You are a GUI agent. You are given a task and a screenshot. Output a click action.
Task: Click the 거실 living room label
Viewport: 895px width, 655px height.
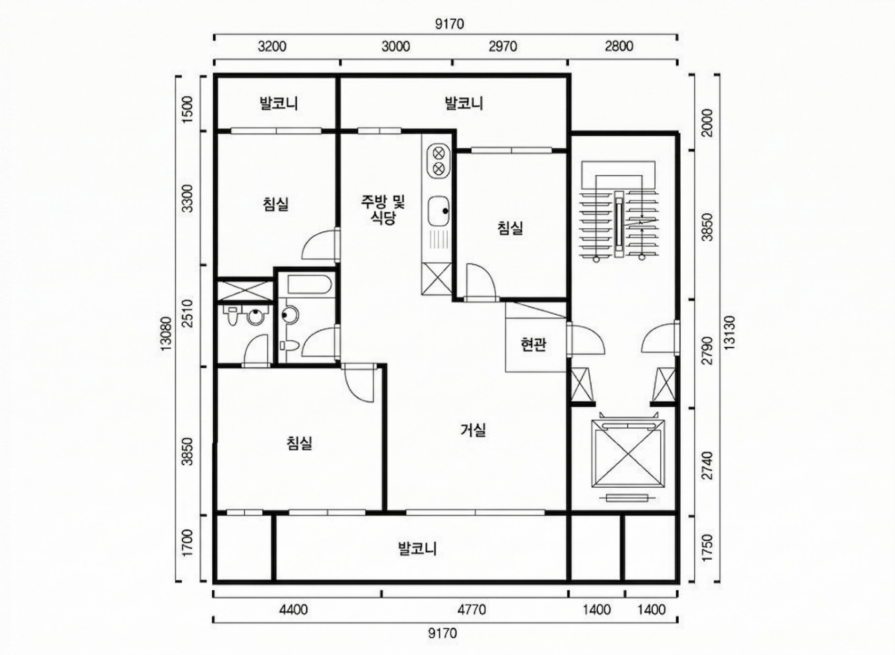[473, 430]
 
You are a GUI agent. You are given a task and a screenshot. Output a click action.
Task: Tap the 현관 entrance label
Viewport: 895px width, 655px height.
[534, 344]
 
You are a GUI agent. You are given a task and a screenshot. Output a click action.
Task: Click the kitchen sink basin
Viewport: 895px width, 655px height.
[439, 211]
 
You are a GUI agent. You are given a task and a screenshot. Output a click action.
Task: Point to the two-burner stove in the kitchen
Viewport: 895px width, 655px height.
[439, 161]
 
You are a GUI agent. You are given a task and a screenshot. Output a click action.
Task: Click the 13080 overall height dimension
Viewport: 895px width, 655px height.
[166, 333]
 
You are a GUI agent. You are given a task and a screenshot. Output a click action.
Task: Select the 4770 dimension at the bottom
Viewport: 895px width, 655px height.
[472, 610]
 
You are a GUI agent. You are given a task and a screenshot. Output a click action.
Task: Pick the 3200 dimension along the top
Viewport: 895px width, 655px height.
[272, 47]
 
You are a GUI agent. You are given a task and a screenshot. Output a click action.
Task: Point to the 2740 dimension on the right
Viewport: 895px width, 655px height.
[707, 466]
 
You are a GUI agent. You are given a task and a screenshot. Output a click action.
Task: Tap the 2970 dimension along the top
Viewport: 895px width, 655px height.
[503, 47]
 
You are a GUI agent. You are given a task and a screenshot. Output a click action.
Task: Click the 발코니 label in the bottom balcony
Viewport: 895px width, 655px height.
[418, 548]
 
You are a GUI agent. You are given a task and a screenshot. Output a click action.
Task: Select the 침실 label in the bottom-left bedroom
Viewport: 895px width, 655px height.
[299, 443]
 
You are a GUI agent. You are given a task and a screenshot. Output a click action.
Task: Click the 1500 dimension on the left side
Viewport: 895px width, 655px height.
[187, 109]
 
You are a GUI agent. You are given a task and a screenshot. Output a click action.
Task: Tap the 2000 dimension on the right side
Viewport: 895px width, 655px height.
[707, 123]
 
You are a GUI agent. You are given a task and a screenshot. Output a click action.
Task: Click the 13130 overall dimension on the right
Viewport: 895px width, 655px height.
[730, 333]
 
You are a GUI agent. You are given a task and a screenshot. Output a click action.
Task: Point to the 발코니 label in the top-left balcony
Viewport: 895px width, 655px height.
[279, 103]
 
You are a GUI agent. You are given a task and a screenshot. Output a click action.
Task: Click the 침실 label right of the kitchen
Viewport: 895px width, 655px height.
[510, 228]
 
